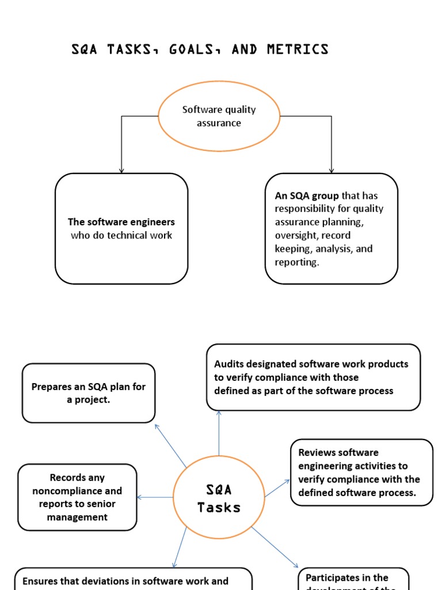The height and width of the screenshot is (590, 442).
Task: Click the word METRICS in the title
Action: [298, 49]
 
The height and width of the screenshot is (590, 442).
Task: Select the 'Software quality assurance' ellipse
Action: [219, 116]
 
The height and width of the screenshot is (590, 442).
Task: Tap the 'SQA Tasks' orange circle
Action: [219, 498]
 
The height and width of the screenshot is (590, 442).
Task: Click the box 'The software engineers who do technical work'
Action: [121, 229]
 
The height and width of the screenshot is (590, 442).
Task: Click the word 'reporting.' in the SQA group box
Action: [296, 262]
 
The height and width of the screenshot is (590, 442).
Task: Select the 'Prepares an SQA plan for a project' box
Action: [89, 393]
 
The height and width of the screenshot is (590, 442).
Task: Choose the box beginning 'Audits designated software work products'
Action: [313, 377]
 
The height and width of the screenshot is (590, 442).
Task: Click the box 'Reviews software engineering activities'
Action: [361, 472]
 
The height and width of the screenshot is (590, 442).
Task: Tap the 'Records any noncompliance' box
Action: [77, 497]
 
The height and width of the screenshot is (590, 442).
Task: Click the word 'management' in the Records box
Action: [77, 517]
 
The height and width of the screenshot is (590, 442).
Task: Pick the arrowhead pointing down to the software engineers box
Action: [121, 170]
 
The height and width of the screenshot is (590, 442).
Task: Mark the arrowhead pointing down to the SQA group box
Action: [331, 170]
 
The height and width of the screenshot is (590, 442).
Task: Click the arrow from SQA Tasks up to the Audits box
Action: [219, 432]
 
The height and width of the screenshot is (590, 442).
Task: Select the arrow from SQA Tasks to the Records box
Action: [155, 497]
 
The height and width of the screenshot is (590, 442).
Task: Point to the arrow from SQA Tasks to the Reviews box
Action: [277, 487]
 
